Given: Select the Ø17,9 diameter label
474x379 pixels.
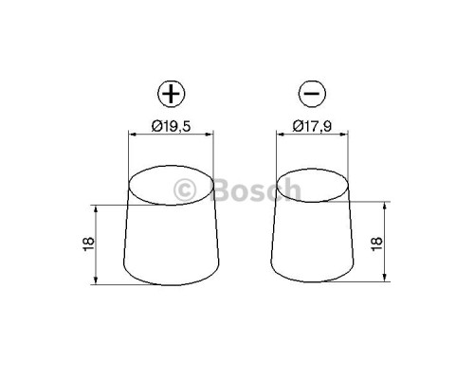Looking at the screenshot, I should [x=316, y=123].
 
